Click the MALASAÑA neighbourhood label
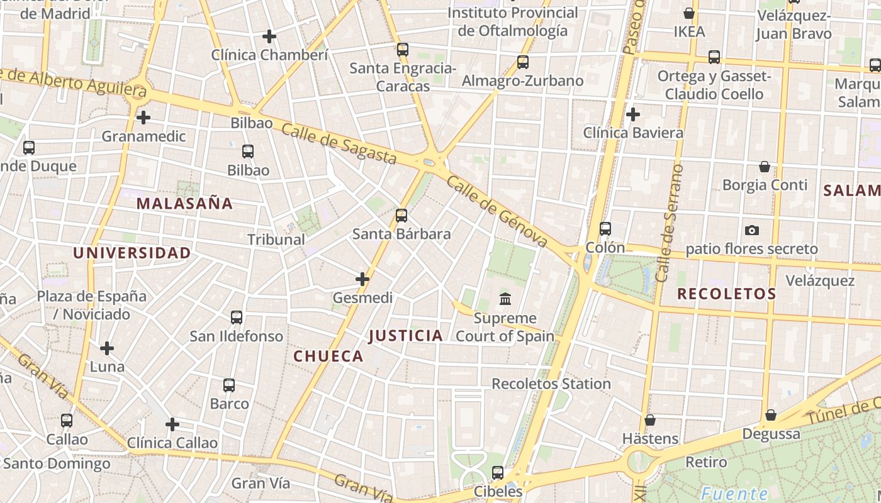click(184, 203)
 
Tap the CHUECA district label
click(328, 357)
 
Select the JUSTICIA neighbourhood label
click(406, 336)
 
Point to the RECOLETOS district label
click(726, 294)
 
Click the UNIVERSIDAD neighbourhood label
click(132, 253)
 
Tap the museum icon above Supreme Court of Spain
click(505, 299)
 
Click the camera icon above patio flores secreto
click(751, 231)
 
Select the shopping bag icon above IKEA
click(689, 13)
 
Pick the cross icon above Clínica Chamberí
click(269, 36)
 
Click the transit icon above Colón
click(605, 229)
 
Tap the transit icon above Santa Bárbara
click(401, 216)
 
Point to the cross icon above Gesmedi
click(362, 279)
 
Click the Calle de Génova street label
click(497, 211)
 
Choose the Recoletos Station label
click(551, 384)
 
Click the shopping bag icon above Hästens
click(650, 420)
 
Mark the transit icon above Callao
click(67, 421)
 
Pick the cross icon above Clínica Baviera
click(633, 114)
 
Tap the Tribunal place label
click(276, 240)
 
